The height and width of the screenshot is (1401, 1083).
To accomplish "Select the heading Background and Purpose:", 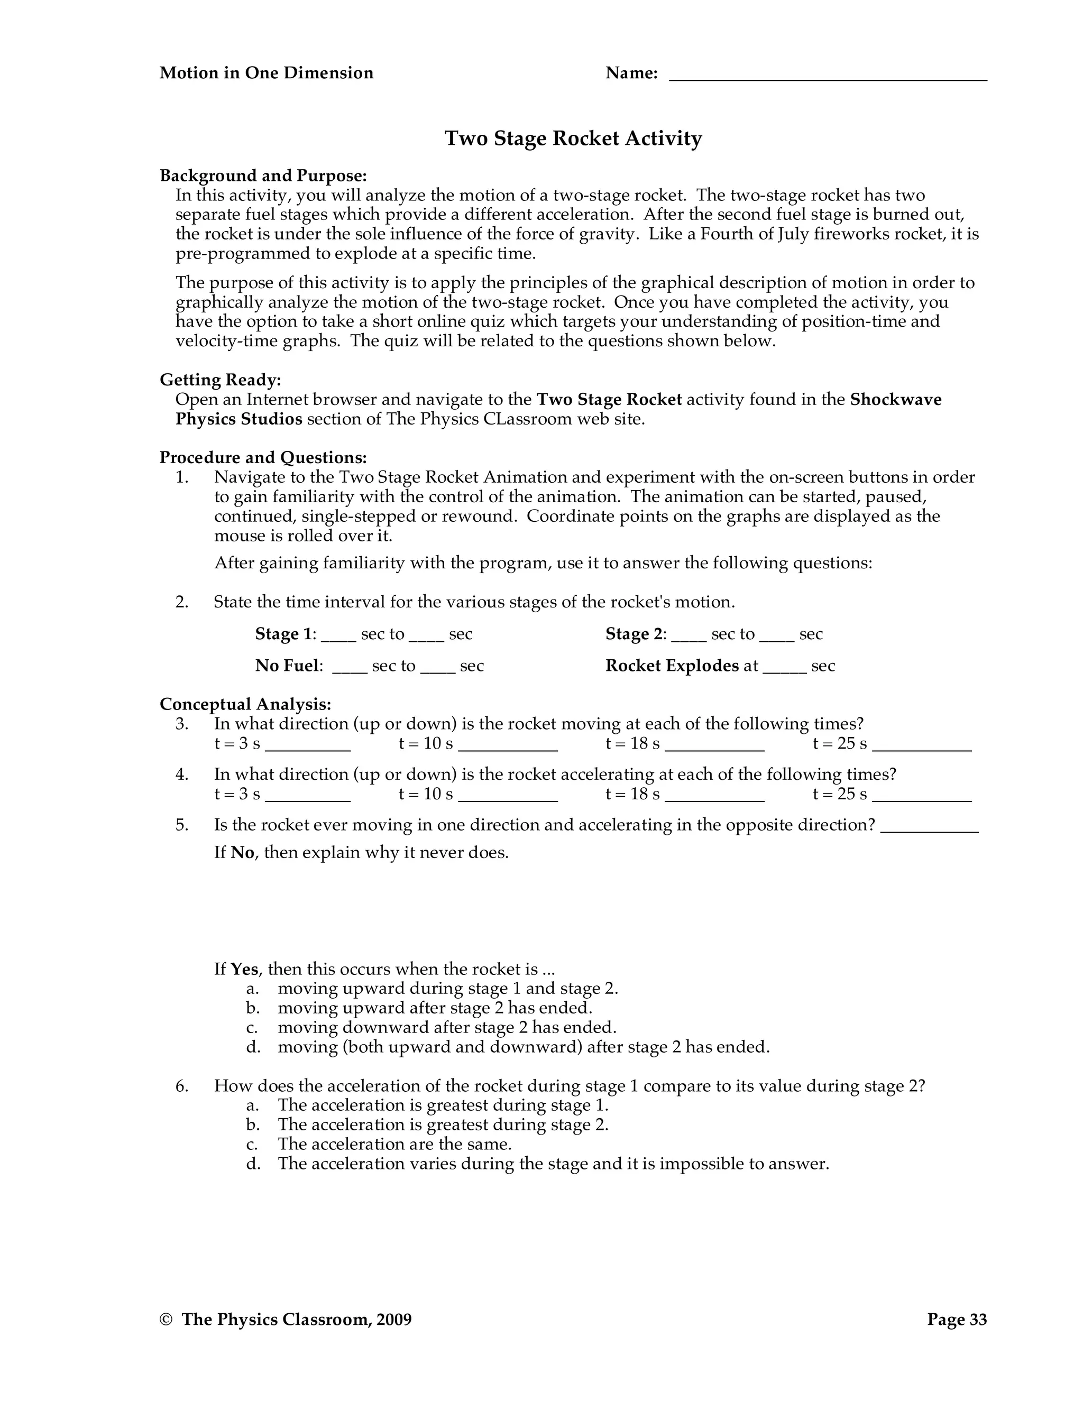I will (263, 176).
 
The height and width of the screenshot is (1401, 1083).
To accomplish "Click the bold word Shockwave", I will (896, 400).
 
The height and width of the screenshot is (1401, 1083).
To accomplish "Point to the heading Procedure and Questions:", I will (263, 457).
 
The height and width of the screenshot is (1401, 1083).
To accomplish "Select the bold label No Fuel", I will (287, 666).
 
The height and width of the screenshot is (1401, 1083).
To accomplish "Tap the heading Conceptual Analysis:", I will (245, 704).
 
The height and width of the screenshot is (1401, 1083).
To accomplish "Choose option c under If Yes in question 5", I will (446, 1028).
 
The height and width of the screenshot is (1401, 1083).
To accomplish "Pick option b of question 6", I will (443, 1125).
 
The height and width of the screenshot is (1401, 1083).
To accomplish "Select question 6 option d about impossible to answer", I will (553, 1164).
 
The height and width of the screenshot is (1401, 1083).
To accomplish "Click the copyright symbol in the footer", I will (166, 1320).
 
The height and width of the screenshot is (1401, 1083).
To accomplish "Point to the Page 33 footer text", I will (957, 1320).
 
